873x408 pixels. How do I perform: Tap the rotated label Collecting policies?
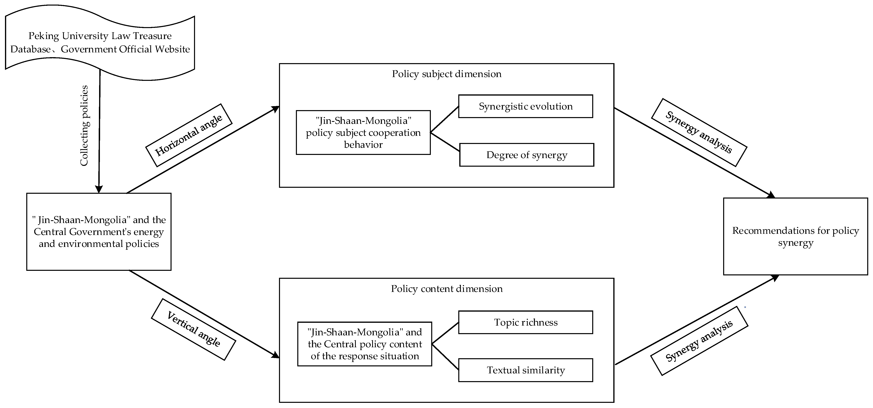coord(84,125)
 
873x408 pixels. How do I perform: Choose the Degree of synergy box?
coord(527,155)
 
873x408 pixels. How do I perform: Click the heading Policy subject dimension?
coord(446,74)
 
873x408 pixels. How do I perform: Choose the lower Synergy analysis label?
coord(699,341)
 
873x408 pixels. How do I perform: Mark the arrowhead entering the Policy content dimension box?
coord(275,355)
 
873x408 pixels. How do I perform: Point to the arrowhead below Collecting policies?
coord(99,189)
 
